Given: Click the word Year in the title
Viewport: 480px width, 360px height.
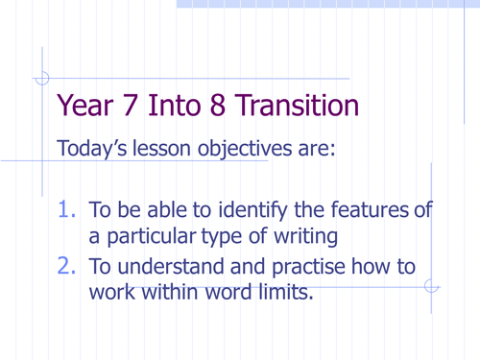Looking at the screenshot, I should pos(87,106).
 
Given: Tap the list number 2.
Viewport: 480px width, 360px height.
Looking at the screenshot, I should pos(67,267).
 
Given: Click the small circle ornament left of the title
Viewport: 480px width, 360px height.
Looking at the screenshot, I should pos(42,80).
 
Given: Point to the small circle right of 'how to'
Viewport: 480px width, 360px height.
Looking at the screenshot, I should pos(431,285).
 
